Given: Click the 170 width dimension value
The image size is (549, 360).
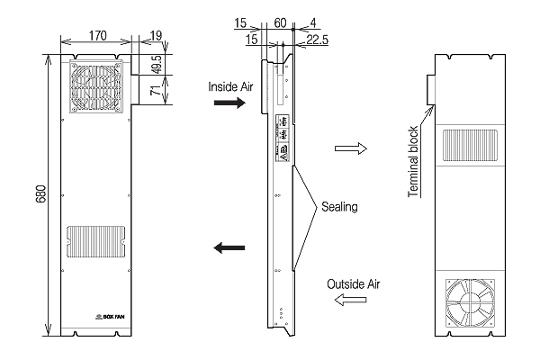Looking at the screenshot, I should (97, 35).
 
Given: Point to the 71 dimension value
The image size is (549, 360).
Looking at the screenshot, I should (155, 92).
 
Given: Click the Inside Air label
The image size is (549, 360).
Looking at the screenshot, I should (229, 87).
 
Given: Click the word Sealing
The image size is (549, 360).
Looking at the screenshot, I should (338, 207).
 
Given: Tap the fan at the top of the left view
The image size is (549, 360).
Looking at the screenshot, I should (95, 88).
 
